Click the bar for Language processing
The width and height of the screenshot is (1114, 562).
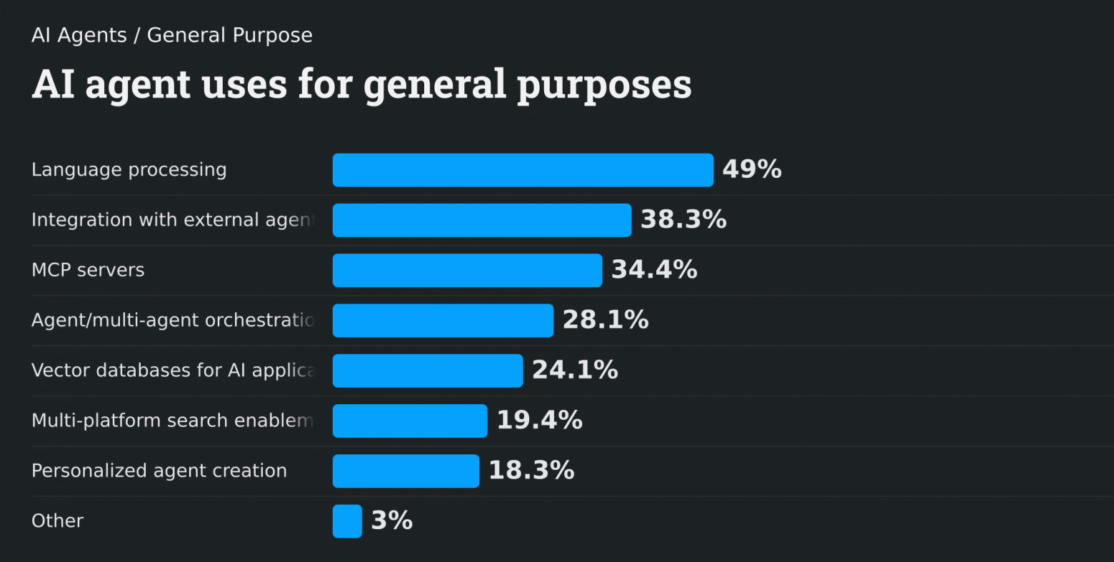click(x=523, y=170)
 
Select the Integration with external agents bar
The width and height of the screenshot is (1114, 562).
click(x=482, y=220)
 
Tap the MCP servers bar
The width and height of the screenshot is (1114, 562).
click(x=467, y=270)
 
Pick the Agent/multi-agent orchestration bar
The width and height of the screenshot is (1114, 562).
click(x=443, y=321)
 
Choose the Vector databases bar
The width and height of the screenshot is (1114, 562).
click(x=428, y=371)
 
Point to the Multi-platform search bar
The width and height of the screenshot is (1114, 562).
click(x=410, y=421)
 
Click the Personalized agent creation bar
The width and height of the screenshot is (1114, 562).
click(x=406, y=471)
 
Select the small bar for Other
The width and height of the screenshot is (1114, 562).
click(x=347, y=521)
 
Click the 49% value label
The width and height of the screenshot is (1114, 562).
click(x=752, y=169)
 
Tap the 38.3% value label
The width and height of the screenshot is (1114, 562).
click(x=683, y=219)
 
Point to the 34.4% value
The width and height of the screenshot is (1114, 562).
click(x=654, y=269)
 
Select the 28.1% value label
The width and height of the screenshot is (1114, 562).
click(x=606, y=320)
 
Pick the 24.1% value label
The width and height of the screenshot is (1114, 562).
click(x=575, y=370)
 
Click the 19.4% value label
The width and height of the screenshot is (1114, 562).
click(x=539, y=420)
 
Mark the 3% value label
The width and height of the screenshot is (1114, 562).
click(x=392, y=521)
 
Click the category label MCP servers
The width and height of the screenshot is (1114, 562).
click(x=88, y=270)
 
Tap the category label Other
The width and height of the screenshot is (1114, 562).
click(x=57, y=521)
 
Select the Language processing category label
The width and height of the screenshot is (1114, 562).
click(x=129, y=170)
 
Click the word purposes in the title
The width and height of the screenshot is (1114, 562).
click(x=604, y=85)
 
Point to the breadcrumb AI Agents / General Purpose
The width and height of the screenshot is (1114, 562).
click(x=172, y=35)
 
